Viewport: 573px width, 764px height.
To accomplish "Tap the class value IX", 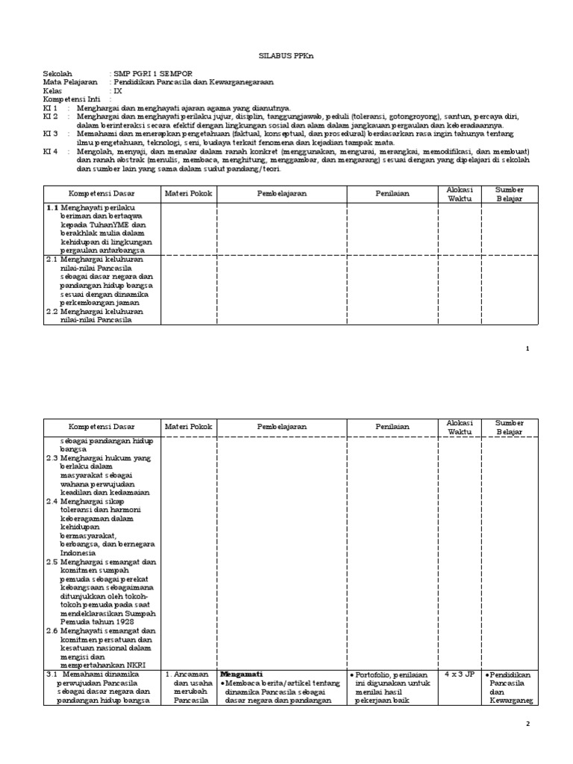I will point(117,90).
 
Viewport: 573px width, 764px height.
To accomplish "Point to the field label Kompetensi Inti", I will point(71,98).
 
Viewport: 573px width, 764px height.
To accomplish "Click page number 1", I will point(527,348).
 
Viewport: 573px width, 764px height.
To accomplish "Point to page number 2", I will point(527,724).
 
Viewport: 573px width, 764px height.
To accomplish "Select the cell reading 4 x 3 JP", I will point(459,674).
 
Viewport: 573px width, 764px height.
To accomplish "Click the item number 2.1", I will point(51,259).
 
